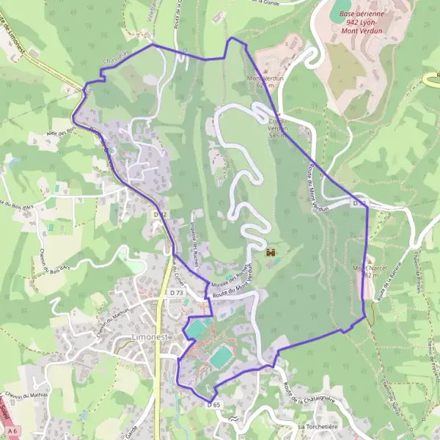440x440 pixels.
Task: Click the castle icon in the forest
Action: pos(271,252)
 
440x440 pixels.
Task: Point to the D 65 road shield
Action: pos(213,404)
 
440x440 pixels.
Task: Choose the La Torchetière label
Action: pos(320,426)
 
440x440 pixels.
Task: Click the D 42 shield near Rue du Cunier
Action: pos(161,214)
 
